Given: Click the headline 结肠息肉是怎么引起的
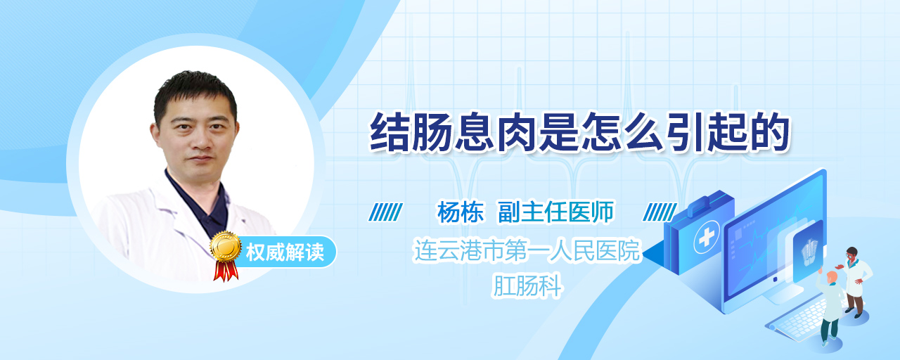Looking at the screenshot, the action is pos(580,132).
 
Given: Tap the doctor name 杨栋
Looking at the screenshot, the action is pos(461,212).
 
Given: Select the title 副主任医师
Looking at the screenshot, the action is pos(556,212).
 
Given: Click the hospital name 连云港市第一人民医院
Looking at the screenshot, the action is pos(527,250).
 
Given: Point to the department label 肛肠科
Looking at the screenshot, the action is pos(527,285).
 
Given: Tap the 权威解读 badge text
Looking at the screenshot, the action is pos(285,252).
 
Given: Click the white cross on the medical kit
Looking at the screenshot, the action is pos(706,238).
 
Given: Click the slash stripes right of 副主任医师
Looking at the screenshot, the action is pos(660,212).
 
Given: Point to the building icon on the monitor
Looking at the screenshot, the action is pos(809,252).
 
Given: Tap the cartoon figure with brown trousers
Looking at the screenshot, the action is pos(855,282).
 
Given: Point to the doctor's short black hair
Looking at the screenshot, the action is pos(195,94).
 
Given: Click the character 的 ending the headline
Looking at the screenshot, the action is pos(769,132).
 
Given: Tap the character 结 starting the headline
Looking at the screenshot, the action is pos(390,132).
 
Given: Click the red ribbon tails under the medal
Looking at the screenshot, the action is pos(226,271).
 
